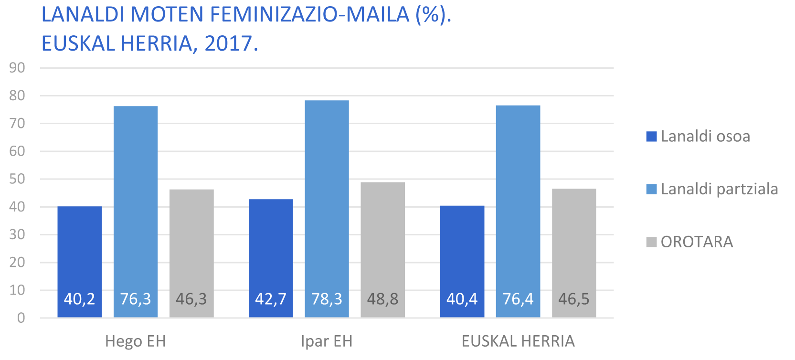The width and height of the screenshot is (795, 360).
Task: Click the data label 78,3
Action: tap(327, 299)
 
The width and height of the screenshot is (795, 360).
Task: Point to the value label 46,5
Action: tap(574, 299)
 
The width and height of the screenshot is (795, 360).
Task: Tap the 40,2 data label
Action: tap(79, 299)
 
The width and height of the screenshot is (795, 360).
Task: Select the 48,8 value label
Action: tap(382, 299)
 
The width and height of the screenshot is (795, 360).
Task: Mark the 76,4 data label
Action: tap(518, 299)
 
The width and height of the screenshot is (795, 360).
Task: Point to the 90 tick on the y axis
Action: tap(17, 68)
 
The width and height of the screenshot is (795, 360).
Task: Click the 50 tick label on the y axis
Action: tap(17, 179)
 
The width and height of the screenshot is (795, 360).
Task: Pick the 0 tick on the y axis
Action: tap(21, 318)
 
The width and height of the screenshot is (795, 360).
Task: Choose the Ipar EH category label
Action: tap(327, 341)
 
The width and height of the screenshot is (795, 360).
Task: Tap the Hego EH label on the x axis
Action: tap(136, 341)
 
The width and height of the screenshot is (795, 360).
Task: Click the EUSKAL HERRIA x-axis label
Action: tap(518, 341)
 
